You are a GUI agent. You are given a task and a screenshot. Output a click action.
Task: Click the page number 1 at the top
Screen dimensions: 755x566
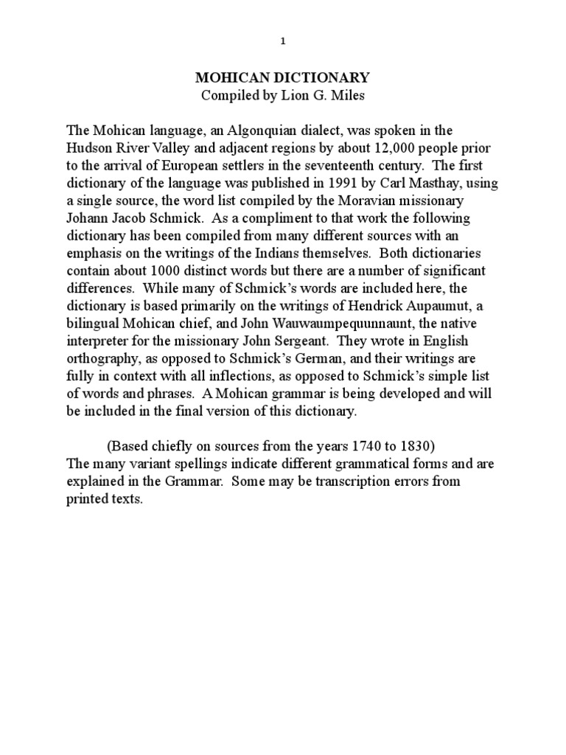283,41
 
